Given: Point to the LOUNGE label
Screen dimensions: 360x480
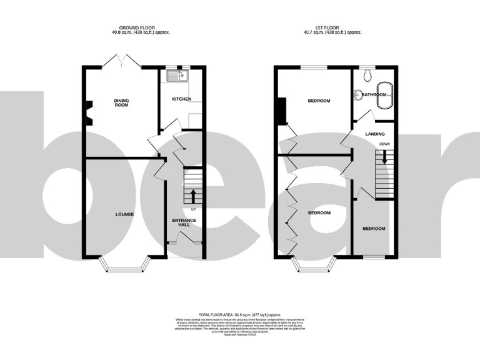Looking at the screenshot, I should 124,214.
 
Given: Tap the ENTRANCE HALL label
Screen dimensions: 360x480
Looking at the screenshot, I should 184,223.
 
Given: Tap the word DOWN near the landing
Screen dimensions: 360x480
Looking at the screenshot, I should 384,144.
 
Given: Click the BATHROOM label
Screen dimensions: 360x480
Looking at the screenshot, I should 374,95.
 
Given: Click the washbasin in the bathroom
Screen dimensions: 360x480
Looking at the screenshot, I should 357,95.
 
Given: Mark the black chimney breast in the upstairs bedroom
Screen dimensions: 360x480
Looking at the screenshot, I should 282,111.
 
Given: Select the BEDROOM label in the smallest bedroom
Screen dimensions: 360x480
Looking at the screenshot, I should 374,229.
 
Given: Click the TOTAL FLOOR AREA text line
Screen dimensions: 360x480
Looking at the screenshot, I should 239,314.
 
